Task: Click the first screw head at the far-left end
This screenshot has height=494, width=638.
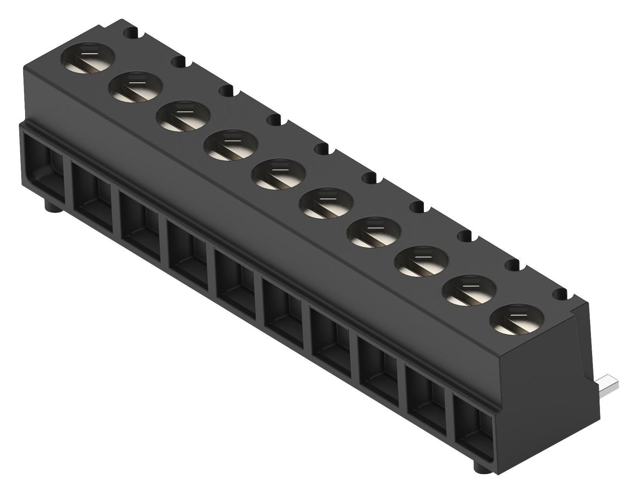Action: [x=88, y=58]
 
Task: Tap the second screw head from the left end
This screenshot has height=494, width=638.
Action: [x=136, y=87]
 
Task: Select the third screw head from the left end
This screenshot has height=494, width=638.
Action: [x=184, y=116]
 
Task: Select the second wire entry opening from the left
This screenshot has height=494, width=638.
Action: [x=93, y=195]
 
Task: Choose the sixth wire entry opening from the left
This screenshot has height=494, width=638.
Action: [x=284, y=310]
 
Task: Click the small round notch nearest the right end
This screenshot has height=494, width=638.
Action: [x=561, y=294]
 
